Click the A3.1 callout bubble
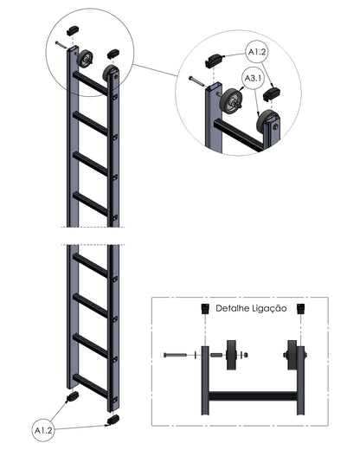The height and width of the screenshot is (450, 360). [254, 78]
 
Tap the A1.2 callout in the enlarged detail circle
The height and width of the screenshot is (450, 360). [257, 52]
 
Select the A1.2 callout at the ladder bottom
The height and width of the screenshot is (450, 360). [43, 431]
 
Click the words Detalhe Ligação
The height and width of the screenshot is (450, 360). [251, 309]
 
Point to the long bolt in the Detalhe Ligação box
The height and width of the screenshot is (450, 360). [175, 355]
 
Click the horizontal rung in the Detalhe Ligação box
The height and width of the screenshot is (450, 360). [253, 395]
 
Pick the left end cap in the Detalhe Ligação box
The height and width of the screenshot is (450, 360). [205, 309]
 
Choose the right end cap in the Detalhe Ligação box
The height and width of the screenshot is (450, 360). [301, 309]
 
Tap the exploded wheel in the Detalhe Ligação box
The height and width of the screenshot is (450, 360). [231, 355]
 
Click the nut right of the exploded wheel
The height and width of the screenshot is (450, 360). [245, 355]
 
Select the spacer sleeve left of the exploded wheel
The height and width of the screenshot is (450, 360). [216, 355]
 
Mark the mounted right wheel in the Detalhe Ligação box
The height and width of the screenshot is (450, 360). [292, 355]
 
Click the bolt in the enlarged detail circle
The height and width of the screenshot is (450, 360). [196, 81]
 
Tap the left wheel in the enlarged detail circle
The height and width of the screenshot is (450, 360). [233, 101]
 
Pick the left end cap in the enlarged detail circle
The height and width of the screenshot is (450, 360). [214, 61]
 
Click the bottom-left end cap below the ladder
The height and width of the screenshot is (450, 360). [72, 397]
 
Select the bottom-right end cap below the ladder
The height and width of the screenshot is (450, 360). [113, 420]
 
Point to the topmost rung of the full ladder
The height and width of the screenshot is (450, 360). [90, 83]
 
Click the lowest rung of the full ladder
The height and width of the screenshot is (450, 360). [90, 386]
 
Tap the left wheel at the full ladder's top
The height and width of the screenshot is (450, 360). [85, 59]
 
